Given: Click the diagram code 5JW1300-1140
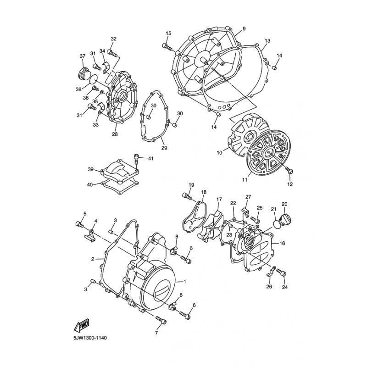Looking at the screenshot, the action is (x=90, y=339).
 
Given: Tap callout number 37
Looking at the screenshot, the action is (x=83, y=56).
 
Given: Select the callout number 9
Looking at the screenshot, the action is (x=244, y=29).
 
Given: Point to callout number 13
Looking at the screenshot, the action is (x=267, y=41).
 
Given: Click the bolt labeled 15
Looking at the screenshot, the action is (x=167, y=47).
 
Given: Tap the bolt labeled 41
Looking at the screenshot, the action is (x=136, y=160).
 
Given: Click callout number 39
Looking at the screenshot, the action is (x=91, y=169).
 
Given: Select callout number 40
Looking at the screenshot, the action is (x=90, y=185).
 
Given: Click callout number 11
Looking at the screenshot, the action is (x=245, y=180).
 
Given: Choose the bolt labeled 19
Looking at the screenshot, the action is (x=187, y=196).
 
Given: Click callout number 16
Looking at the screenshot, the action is (x=282, y=244).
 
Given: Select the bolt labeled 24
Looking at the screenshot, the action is (x=281, y=272).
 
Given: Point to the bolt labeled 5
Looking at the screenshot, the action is (x=80, y=224).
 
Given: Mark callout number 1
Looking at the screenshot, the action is (x=185, y=281).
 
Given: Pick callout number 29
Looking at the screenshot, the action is (x=164, y=148).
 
